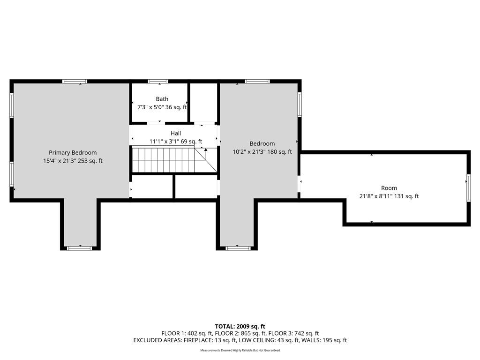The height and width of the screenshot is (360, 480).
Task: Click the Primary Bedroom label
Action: click(x=73, y=152)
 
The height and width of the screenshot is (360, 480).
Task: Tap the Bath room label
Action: click(x=162, y=99)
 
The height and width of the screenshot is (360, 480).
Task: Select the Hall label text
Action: click(x=176, y=133)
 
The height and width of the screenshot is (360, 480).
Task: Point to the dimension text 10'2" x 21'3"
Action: click(x=248, y=151)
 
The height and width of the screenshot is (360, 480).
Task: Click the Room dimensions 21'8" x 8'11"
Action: click(x=375, y=196)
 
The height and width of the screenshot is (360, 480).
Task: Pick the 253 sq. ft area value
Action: click(x=90, y=161)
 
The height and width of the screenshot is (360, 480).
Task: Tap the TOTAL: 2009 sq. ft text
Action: click(x=240, y=326)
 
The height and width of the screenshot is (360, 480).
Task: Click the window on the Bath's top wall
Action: click(x=158, y=82)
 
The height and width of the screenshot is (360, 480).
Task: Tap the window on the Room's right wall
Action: click(x=468, y=187)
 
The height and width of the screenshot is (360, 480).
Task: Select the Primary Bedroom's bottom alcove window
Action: click(x=80, y=248)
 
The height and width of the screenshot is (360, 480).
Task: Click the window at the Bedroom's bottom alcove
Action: click(x=238, y=248)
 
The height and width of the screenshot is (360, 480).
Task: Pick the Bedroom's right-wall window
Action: click(x=300, y=105)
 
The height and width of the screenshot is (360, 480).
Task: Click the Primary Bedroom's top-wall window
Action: click(x=75, y=82)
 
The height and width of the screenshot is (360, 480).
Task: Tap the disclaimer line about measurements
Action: click(x=240, y=350)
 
